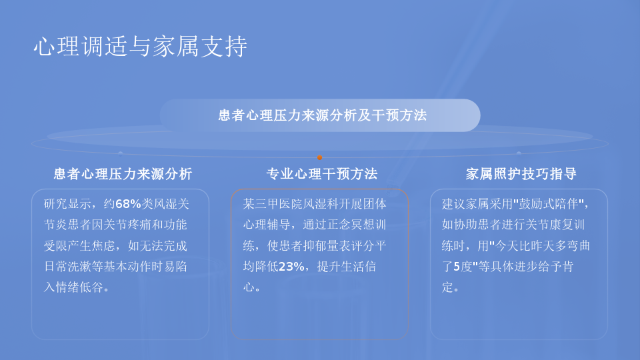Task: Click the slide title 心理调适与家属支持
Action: click(x=141, y=46)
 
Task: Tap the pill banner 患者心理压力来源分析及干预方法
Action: click(x=320, y=115)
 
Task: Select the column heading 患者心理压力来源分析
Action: click(x=123, y=174)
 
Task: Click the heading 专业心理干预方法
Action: click(x=322, y=174)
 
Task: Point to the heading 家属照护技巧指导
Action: click(x=521, y=174)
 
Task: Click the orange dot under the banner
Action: click(x=319, y=157)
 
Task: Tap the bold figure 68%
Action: click(x=128, y=204)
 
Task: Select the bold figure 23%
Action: click(x=291, y=267)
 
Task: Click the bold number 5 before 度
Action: click(x=457, y=267)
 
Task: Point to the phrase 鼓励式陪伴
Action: click(x=548, y=204)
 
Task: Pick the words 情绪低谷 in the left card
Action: click(x=79, y=287)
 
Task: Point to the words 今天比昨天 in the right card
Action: click(x=525, y=246)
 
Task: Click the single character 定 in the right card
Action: click(x=447, y=287)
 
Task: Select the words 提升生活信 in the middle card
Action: click(x=347, y=267)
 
